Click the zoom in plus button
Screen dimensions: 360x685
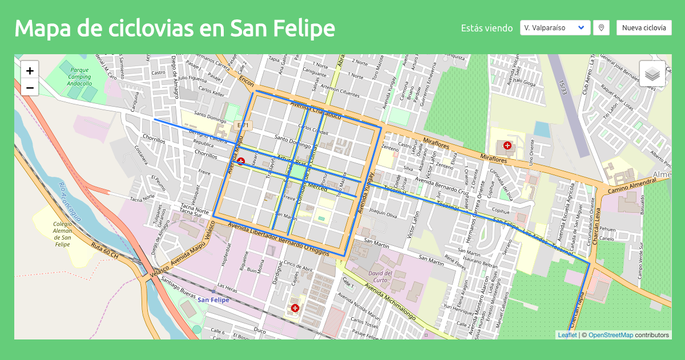30,71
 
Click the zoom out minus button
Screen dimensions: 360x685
30,88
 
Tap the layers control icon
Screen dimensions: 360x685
652,74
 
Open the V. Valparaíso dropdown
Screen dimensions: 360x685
555,27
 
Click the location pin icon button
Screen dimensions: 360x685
601,27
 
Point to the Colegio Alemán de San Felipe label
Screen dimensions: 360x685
62,234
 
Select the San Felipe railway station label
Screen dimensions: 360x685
213,300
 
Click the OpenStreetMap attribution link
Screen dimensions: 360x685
610,335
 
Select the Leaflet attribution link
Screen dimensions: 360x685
567,335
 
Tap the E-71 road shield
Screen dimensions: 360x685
243,124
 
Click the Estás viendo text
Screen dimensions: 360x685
486,28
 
